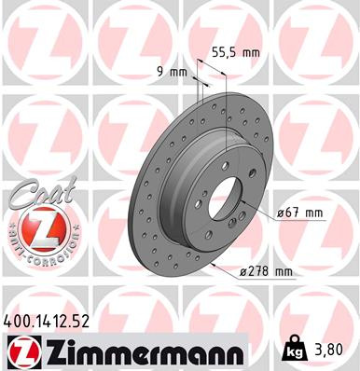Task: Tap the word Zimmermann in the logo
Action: click(x=141, y=351)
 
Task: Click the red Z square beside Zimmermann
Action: click(x=21, y=351)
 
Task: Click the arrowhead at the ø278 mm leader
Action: click(x=214, y=264)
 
